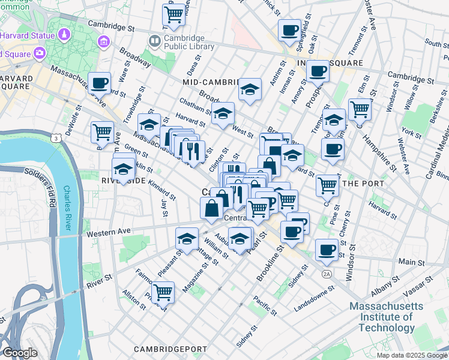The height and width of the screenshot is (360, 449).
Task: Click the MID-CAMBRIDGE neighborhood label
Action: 212,82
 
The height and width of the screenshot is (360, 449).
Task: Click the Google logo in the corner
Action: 20,353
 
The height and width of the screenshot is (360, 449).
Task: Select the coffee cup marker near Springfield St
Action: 289,29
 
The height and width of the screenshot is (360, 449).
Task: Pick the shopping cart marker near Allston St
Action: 163,293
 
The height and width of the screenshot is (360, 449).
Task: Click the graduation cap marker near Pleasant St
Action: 187,238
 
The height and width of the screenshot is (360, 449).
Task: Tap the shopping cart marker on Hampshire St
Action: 360,109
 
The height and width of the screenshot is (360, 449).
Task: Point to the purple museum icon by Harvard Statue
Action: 104,41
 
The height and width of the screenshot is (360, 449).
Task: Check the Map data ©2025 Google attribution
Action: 411,355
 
